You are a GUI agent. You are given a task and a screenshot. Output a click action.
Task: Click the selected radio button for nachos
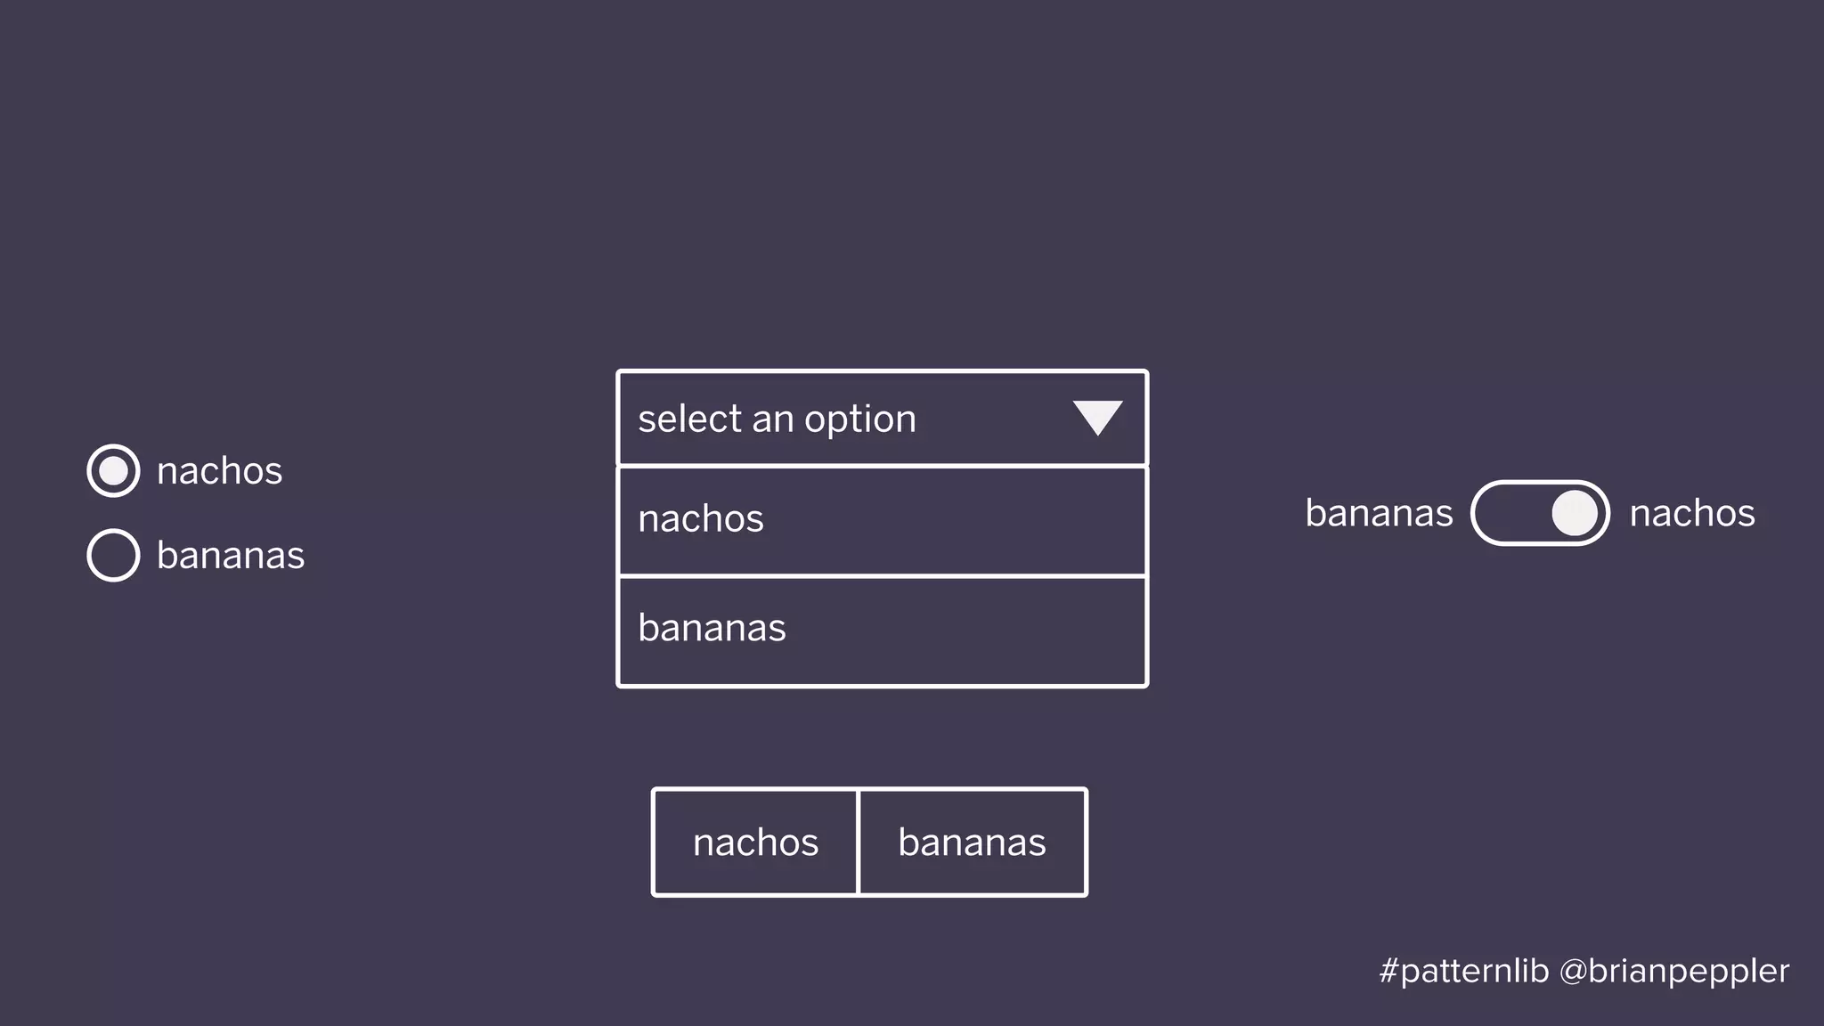(x=113, y=470)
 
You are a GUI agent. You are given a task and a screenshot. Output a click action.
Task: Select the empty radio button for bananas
(x=113, y=555)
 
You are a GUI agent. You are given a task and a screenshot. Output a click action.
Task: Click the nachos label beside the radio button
(x=219, y=471)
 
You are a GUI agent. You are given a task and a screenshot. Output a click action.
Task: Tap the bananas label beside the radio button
(x=231, y=556)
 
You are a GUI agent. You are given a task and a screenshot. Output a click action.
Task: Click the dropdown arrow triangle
(x=1097, y=417)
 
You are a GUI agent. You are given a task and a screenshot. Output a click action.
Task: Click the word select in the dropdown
(x=689, y=419)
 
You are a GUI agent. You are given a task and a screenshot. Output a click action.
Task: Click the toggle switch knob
(x=1575, y=513)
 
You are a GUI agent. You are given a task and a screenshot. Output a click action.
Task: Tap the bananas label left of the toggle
(x=1379, y=513)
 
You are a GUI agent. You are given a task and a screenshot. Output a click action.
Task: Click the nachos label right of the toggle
(x=1692, y=513)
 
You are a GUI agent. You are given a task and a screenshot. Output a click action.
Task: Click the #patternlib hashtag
(x=1463, y=971)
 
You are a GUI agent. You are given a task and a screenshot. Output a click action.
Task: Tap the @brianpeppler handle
(x=1674, y=971)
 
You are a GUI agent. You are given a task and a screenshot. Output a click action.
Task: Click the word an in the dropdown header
(x=771, y=419)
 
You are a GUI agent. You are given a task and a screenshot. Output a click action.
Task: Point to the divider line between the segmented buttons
(x=858, y=842)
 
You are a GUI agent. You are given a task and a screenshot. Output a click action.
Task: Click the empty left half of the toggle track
(x=1510, y=513)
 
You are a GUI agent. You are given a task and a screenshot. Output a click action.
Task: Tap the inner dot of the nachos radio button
(x=113, y=470)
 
